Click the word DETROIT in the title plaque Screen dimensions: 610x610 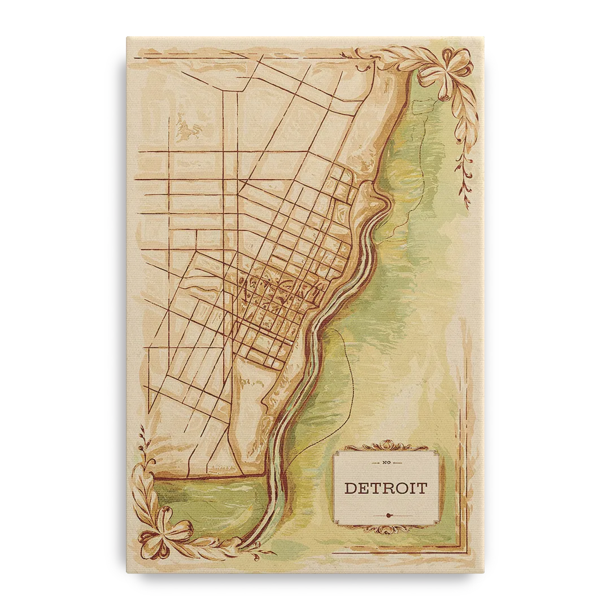point(386,487)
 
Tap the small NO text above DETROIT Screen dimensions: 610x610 point(386,463)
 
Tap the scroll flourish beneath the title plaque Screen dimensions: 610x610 point(386,529)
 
